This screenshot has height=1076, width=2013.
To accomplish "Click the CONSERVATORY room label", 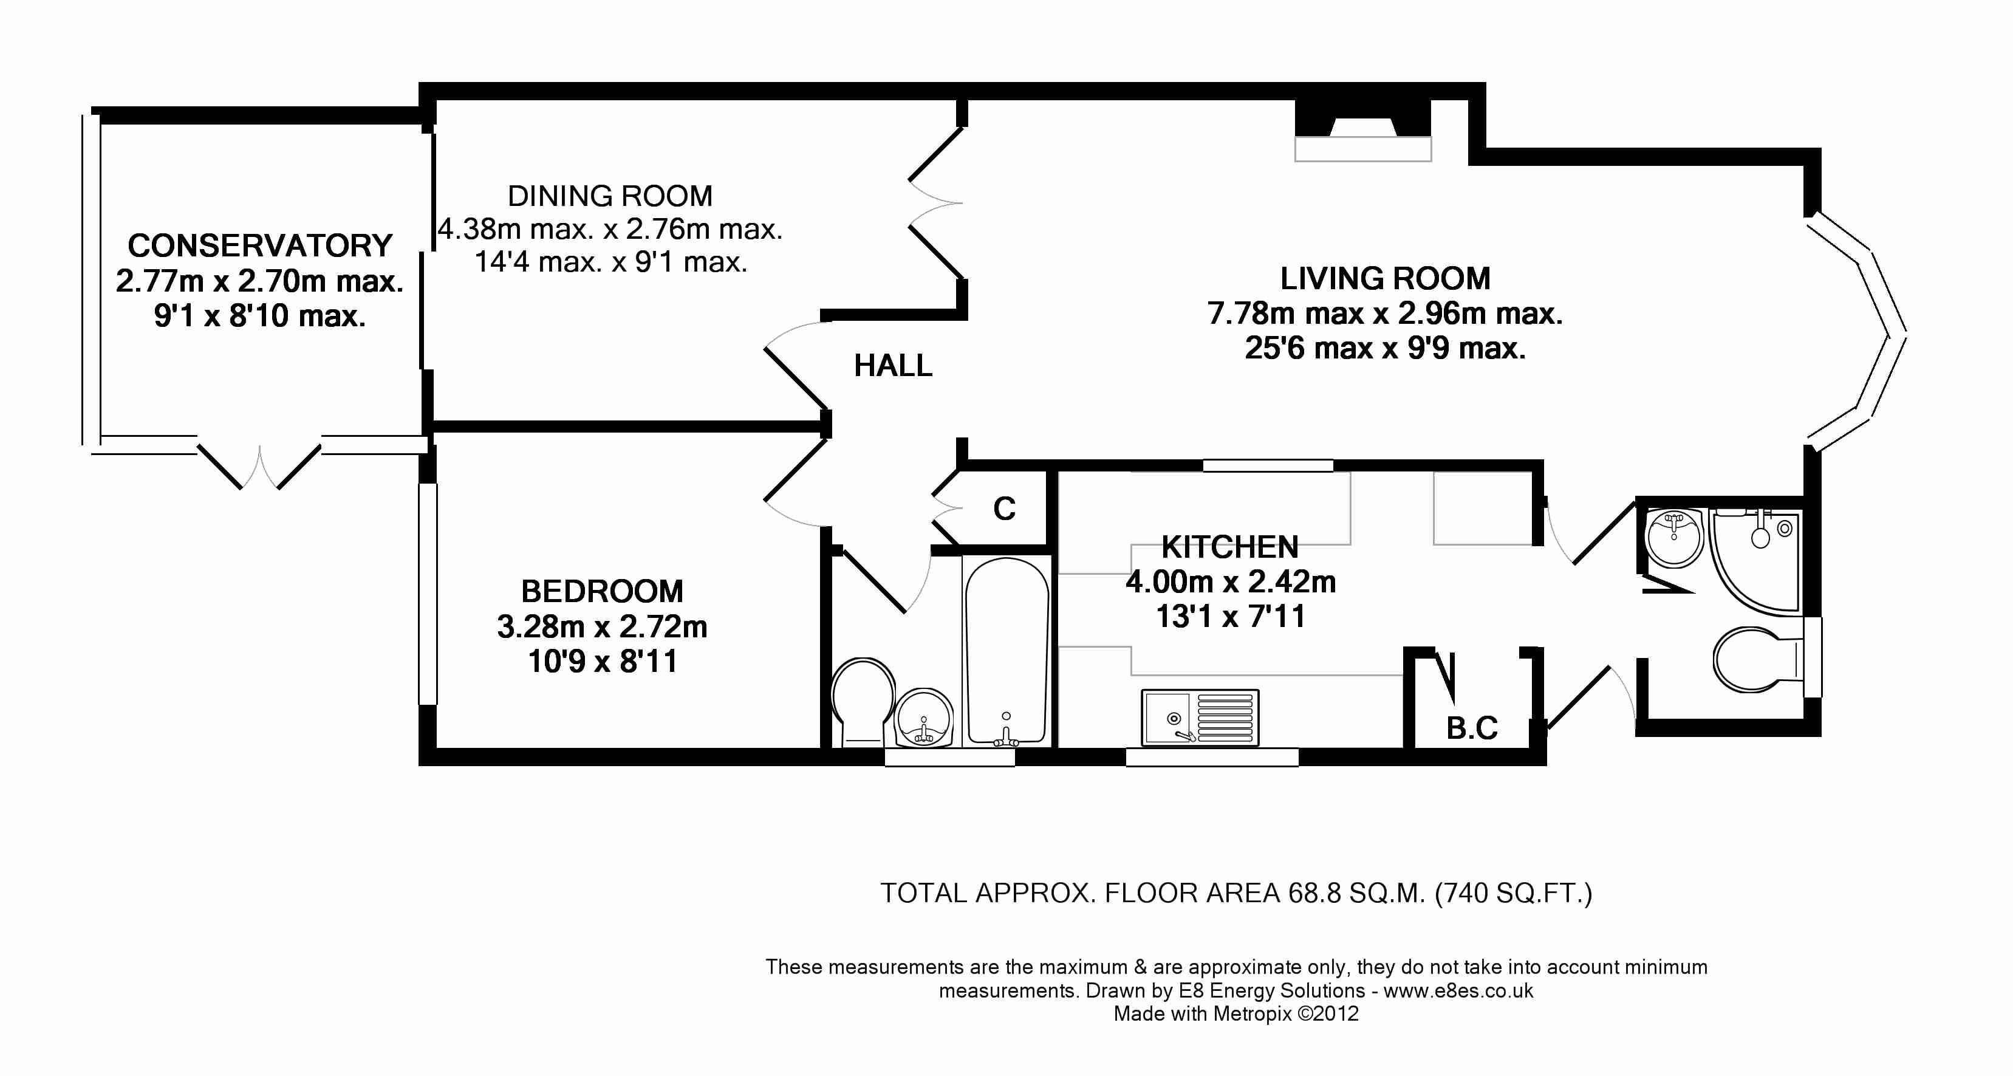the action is (260, 245).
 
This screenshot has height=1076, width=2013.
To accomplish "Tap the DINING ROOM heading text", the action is (610, 196).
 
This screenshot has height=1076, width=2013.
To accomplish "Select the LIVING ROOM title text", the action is (1385, 278).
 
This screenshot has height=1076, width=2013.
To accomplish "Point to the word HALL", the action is (893, 366).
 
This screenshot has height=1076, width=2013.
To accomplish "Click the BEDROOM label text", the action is (602, 592).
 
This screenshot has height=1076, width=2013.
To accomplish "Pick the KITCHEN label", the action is (1230, 547).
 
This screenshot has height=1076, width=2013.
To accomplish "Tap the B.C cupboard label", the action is (1472, 728).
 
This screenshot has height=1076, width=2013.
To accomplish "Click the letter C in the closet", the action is (1004, 509).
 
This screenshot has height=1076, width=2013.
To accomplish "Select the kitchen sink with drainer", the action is (1200, 716).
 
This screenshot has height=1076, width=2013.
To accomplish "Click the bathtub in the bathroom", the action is (1006, 650).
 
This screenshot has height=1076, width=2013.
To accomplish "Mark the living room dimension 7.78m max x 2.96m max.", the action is (1385, 314).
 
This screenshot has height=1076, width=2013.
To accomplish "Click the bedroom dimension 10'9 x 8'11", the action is (602, 662).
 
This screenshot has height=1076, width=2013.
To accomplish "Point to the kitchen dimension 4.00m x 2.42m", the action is (1230, 582).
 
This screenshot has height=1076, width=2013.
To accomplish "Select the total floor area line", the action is (1236, 893).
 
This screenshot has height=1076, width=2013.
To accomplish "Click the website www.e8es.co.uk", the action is (1458, 991).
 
